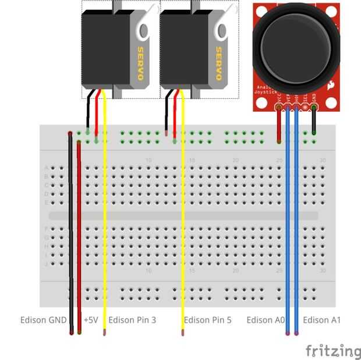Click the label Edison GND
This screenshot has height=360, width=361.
coord(44,320)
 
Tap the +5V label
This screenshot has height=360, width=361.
coord(90,320)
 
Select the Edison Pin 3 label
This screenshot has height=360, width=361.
coord(132,320)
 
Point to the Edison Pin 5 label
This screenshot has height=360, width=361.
coord(207,320)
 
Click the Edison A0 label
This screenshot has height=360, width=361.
coord(266,320)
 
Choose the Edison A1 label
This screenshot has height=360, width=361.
coord(321,320)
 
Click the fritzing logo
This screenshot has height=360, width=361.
coord(333,351)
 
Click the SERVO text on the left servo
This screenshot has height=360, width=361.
coord(140,63)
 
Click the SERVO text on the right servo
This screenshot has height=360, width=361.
coord(219,63)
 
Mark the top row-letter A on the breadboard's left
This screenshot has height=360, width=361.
coord(46,167)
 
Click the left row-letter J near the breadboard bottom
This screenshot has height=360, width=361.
coord(46,263)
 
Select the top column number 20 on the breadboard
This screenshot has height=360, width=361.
coord(236,160)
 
